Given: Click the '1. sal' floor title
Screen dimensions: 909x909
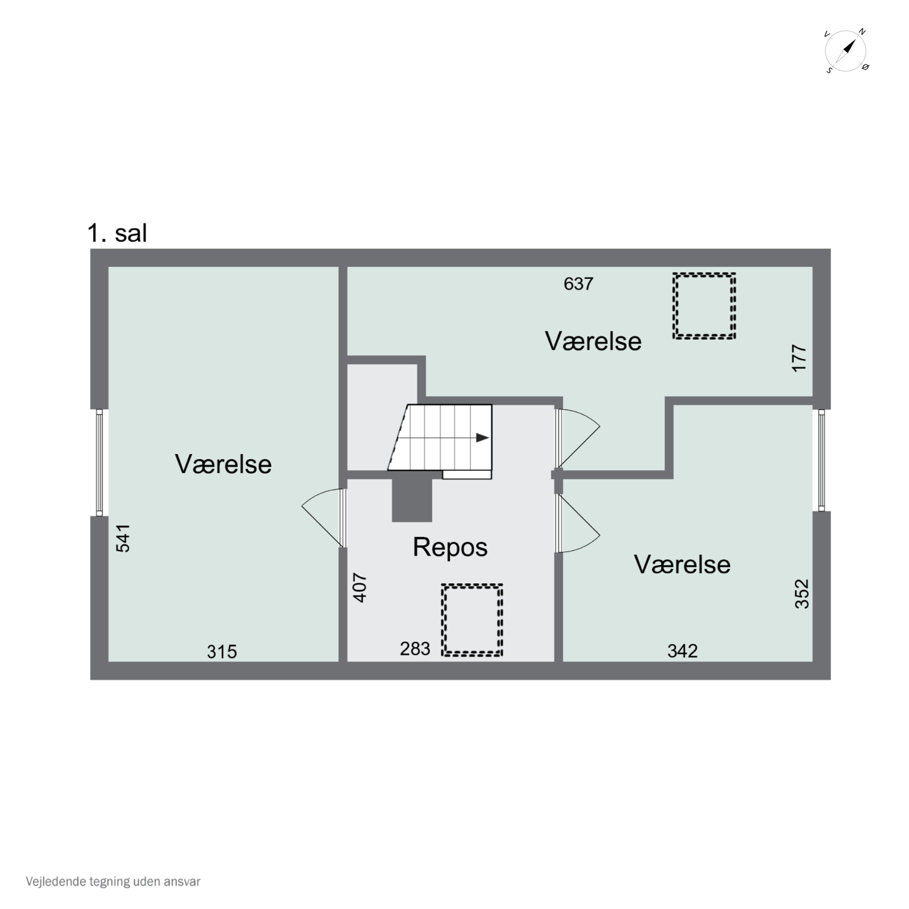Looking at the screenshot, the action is pos(117,233).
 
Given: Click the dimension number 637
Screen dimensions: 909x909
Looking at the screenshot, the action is pos(578,284).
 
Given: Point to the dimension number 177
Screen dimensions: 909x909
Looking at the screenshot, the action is pos(799,358).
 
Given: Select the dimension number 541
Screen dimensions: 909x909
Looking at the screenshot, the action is pos(123,538).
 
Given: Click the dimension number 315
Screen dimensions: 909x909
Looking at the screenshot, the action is pos(222,652).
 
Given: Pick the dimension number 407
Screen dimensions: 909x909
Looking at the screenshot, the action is pos(360,588).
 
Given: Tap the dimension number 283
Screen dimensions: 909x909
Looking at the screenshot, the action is pos(415,649).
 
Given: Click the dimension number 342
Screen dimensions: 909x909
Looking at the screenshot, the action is pos(682,651).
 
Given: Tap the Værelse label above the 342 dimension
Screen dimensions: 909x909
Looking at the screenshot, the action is pos(682,564).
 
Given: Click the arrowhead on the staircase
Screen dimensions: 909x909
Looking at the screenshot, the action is pos(483,438).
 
